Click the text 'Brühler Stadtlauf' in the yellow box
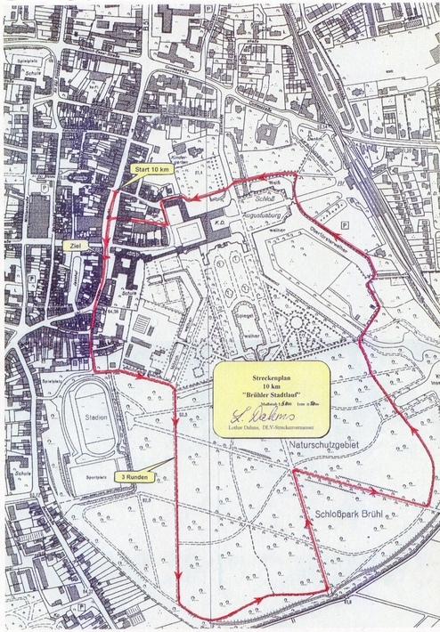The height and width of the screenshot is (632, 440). tap(273, 393)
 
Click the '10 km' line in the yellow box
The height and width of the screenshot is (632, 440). tap(273, 382)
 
